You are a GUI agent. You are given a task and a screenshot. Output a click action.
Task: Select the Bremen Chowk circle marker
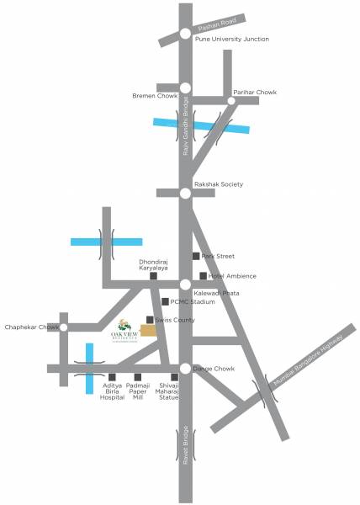(185, 88)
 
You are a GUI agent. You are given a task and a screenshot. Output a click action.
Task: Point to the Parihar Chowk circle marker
(231, 101)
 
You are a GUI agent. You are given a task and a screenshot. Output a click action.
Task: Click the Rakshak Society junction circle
(185, 193)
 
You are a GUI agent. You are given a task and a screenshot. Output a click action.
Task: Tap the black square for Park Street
(196, 256)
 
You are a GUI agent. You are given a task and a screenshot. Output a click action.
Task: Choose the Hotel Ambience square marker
(203, 276)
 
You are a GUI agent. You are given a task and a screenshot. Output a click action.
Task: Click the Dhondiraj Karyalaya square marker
(153, 276)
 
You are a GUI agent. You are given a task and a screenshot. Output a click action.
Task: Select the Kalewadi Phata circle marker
(185, 285)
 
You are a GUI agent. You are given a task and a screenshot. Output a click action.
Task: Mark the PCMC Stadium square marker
(165, 301)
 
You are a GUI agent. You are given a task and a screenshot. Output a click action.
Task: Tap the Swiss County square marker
(150, 320)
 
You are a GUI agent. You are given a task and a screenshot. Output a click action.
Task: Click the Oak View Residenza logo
(125, 330)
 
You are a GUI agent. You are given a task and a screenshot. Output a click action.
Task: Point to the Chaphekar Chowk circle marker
(64, 327)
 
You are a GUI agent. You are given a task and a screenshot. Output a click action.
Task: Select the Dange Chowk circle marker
(185, 368)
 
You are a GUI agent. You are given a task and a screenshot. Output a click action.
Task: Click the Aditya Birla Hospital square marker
(112, 377)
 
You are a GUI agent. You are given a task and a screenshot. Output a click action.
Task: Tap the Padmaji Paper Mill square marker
(137, 377)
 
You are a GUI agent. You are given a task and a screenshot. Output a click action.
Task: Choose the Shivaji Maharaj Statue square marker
(174, 377)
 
